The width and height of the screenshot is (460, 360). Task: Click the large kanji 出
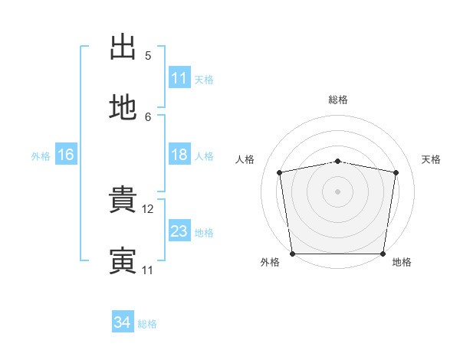(x=123, y=47)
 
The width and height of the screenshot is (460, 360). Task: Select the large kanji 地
(x=123, y=107)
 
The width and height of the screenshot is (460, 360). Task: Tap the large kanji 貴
(x=123, y=199)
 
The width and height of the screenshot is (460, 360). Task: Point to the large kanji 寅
(x=123, y=260)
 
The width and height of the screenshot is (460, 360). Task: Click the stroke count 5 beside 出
(x=148, y=56)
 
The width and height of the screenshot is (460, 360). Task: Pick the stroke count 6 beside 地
(x=148, y=117)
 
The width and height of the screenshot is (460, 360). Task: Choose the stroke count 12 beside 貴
(x=147, y=209)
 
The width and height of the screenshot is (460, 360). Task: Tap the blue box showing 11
(x=179, y=77)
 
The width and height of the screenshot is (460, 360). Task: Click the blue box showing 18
(x=179, y=154)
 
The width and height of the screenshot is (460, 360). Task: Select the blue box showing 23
(x=179, y=230)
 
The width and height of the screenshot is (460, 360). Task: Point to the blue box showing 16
(x=66, y=154)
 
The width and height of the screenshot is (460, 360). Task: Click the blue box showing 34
(x=123, y=321)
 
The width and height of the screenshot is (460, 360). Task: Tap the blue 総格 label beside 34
(x=147, y=324)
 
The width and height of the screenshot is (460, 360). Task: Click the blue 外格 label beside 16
(x=41, y=156)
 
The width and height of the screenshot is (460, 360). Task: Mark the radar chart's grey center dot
(x=337, y=191)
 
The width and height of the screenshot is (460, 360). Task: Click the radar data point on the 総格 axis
(x=337, y=162)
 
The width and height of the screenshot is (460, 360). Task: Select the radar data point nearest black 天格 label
(x=396, y=172)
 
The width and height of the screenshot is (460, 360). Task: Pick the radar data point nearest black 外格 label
(x=293, y=254)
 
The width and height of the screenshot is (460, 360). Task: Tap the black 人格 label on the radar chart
(x=245, y=159)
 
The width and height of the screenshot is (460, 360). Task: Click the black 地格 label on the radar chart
(x=402, y=262)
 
